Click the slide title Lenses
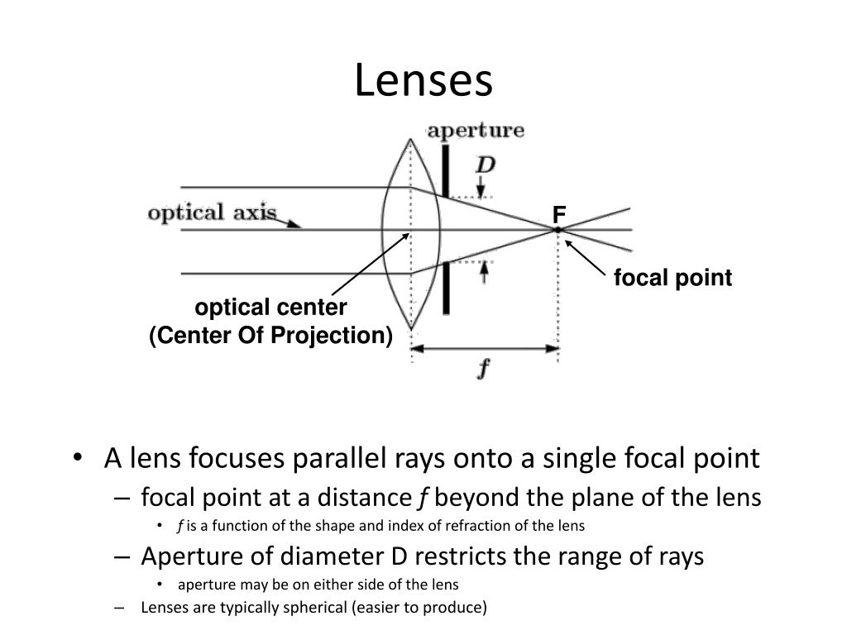coord(423,80)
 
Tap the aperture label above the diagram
coord(476,131)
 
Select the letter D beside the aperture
coord(485,165)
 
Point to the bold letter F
coord(559,215)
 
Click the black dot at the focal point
coord(558,230)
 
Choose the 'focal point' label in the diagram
coord(673,278)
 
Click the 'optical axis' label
coord(212,212)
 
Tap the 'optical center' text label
coord(270,308)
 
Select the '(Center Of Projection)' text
coord(270,336)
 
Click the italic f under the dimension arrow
coord(484,369)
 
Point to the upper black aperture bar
coord(446,170)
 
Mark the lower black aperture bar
coord(446,289)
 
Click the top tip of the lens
coord(410,139)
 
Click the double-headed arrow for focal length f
coord(485,349)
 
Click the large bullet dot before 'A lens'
coord(79,458)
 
